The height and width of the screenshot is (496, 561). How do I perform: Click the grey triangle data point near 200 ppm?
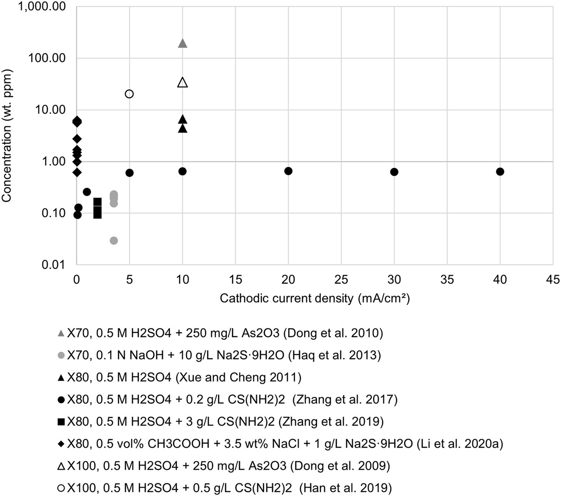[x=183, y=43]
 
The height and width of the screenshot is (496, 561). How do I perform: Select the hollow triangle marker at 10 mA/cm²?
[x=183, y=82]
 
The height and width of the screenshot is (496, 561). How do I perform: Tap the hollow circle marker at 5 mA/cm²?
[x=130, y=94]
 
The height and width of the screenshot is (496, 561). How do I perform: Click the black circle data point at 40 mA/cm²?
[x=500, y=172]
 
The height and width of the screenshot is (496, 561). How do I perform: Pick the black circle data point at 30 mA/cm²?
[x=394, y=172]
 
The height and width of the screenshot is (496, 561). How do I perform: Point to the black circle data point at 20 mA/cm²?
[x=289, y=171]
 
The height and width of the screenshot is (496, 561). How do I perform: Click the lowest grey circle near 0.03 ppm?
[x=114, y=241]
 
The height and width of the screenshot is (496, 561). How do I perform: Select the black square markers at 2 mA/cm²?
[x=97, y=208]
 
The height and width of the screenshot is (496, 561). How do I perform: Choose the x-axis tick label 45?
[x=553, y=279]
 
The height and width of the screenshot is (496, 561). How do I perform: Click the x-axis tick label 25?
[x=342, y=279]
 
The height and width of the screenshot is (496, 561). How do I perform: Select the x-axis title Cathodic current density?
[x=315, y=298]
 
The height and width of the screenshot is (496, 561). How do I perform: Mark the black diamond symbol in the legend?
[x=61, y=444]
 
